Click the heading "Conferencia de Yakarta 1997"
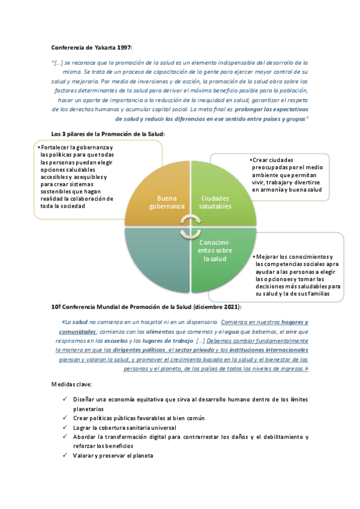click(91, 47)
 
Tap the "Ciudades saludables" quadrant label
click(216, 202)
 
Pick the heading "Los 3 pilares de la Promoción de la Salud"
click(108, 134)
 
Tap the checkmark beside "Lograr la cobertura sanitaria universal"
click(65, 427)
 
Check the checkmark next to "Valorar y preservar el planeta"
click(65, 456)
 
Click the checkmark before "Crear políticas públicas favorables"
click(65, 418)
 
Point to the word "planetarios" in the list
click(89, 408)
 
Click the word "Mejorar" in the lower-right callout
click(268, 257)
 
